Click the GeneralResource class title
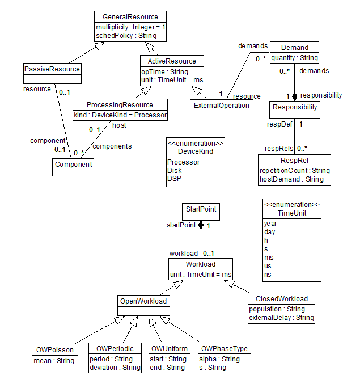pyautogui.click(x=130, y=17)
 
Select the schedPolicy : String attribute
pyautogui.click(x=126, y=36)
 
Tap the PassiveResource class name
pyautogui.click(x=52, y=69)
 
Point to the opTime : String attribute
pyautogui.click(x=164, y=71)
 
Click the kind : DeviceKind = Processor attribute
pyautogui.click(x=120, y=115)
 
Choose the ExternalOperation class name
pyautogui.click(x=222, y=106)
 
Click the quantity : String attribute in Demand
pyautogui.click(x=295, y=58)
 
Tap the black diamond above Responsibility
pyautogui.click(x=295, y=96)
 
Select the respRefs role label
pyautogui.click(x=279, y=149)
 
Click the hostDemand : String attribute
pyautogui.click(x=291, y=179)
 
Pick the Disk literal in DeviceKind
pyautogui.click(x=175, y=171)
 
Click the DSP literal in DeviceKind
pyautogui.click(x=174, y=179)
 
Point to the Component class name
pyautogui.click(x=74, y=165)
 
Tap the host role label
pyautogui.click(x=119, y=125)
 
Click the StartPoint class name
pyautogui.click(x=201, y=209)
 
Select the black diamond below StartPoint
pyautogui.click(x=201, y=225)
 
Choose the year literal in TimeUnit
pyautogui.click(x=270, y=224)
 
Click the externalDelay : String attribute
pyautogui.click(x=281, y=318)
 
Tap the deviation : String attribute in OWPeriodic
pyautogui.click(x=115, y=368)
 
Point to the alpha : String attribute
pyautogui.click(x=219, y=359)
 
